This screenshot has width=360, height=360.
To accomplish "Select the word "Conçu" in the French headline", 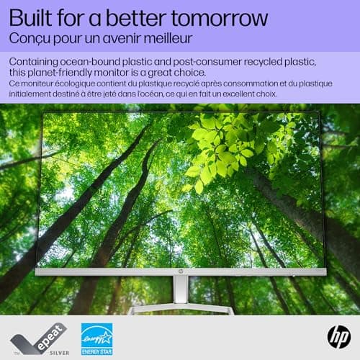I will [30, 37].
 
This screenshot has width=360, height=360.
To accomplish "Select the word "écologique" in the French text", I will [77, 85].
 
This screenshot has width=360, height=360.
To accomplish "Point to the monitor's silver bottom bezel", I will [108, 272].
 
